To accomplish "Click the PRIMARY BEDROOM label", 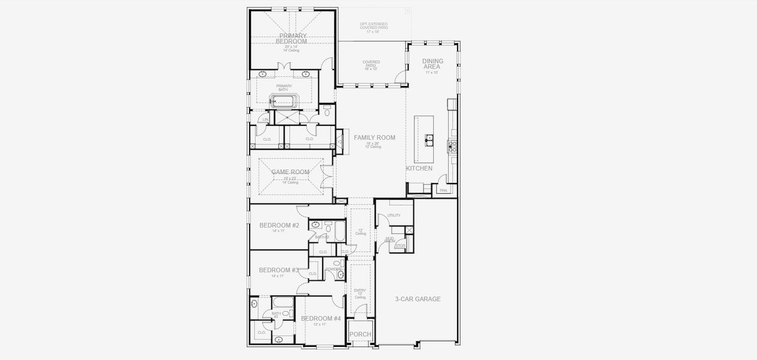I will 293,39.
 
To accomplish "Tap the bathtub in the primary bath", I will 284,101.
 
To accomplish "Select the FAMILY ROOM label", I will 374,138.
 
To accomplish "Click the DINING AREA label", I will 432,64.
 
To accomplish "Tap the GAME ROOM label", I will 290,172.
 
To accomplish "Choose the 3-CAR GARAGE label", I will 417,299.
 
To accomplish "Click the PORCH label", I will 360,334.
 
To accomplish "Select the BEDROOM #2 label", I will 279,226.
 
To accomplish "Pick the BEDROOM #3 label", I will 278,270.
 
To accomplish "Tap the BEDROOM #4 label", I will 320,319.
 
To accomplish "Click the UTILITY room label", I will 393,215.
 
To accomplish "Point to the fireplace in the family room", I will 340,142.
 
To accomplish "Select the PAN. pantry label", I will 443,190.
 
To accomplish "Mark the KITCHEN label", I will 419,169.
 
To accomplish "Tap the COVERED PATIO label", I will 371,64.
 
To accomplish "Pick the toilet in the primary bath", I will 327,111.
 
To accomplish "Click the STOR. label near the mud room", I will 400,245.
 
